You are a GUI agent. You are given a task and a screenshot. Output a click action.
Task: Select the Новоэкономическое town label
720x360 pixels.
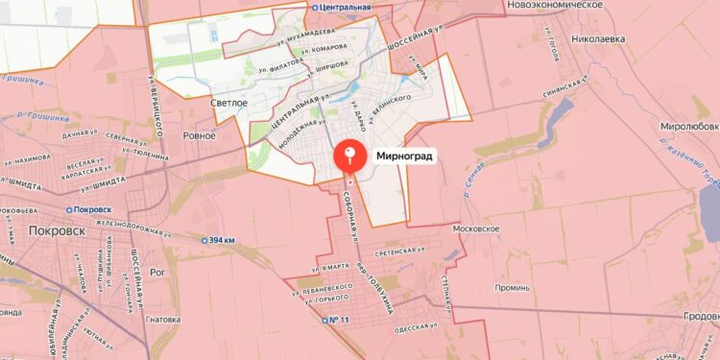554,6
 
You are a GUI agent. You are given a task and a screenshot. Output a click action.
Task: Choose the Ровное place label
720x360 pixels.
200,135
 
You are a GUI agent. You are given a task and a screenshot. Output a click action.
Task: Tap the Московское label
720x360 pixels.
477,229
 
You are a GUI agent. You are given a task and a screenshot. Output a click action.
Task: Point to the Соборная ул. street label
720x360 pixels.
354,211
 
